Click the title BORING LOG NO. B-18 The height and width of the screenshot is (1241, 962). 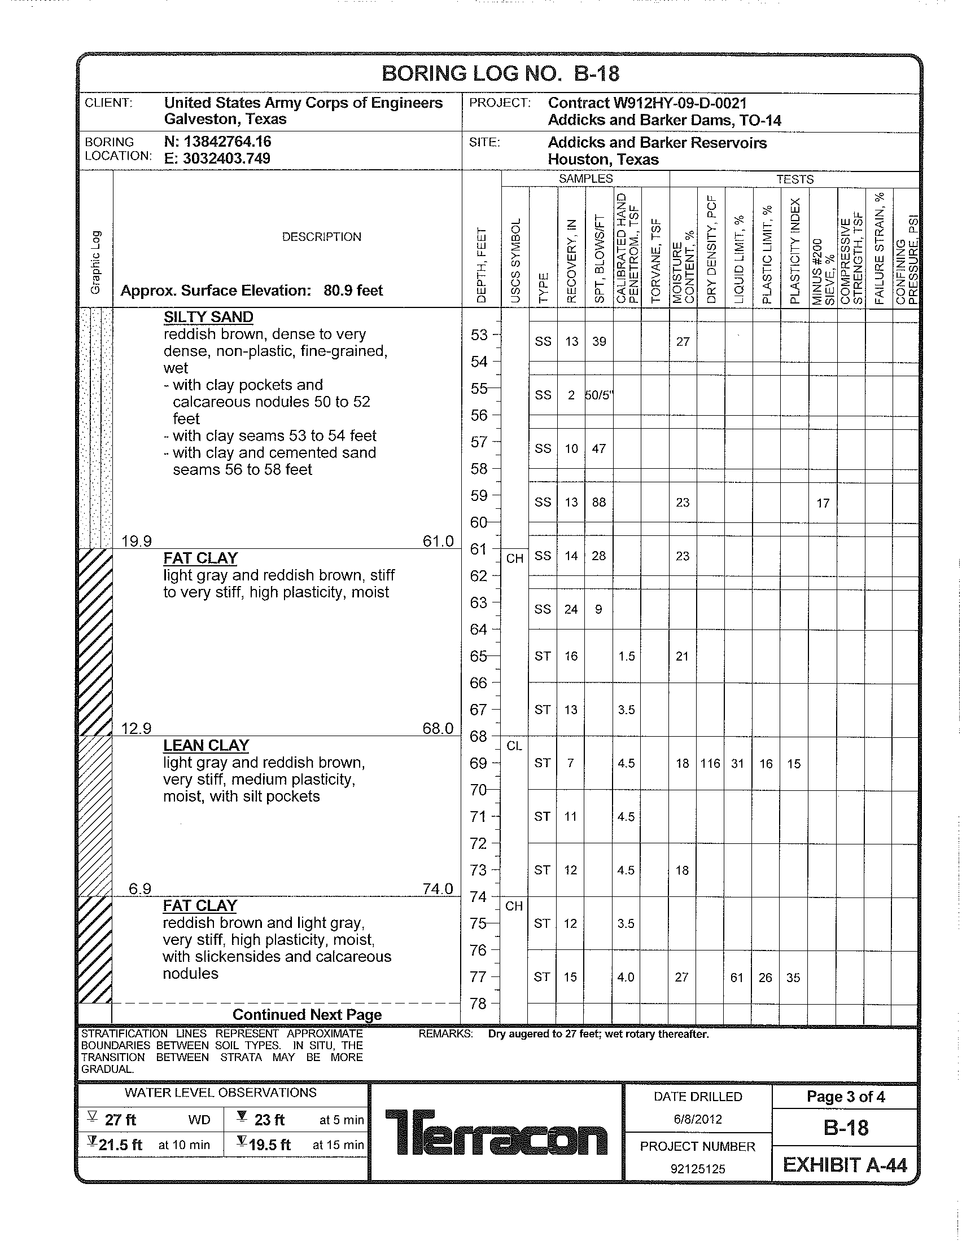pos(500,74)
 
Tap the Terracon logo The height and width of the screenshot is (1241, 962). pos(496,1132)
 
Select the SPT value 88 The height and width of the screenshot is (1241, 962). pos(598,502)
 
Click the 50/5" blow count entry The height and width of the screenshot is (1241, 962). pos(598,395)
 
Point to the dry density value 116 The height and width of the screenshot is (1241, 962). pos(710,763)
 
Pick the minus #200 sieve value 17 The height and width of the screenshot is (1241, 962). pos(823,503)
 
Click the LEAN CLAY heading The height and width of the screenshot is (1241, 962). pos(206,745)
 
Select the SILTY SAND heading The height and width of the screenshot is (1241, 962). pos(208,317)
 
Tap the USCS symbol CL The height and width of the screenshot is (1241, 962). pos(514,746)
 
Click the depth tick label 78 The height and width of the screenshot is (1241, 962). pos(479,1004)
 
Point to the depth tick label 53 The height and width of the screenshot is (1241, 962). pos(479,335)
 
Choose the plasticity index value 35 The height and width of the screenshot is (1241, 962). pos(793,978)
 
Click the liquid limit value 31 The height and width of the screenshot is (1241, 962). pos(737,763)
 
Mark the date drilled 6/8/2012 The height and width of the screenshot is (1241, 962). pos(698,1119)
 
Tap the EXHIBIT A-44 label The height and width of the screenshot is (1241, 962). pos(845,1165)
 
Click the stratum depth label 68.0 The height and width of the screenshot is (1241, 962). pos(437,728)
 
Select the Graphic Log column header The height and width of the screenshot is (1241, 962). pos(95,262)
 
